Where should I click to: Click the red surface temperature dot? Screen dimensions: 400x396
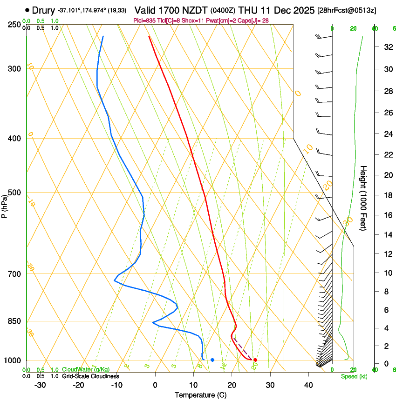click(x=255, y=360)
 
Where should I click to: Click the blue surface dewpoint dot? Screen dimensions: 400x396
click(x=212, y=360)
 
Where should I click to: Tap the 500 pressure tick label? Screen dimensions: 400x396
click(x=15, y=193)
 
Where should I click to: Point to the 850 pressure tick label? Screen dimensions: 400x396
click(x=15, y=321)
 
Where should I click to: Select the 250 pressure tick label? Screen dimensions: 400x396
click(x=15, y=25)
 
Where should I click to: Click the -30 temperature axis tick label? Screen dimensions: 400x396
click(x=40, y=385)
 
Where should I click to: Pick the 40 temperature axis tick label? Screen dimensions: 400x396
click(x=308, y=385)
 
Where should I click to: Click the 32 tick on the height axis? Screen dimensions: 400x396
click(x=387, y=47)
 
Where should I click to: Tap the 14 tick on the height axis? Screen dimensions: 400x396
click(x=387, y=235)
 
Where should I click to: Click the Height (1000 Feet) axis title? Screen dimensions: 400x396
click(x=364, y=198)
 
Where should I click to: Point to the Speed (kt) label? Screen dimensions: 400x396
click(x=354, y=376)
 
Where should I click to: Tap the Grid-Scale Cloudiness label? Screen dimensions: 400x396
click(x=90, y=376)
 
